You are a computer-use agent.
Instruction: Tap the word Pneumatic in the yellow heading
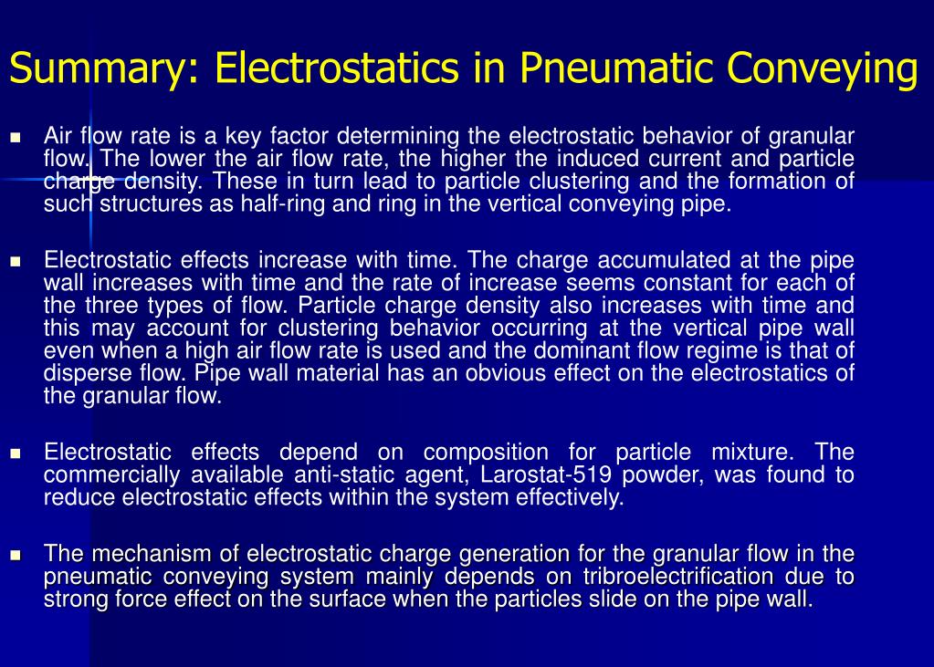(616, 68)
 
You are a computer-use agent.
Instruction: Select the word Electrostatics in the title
(337, 67)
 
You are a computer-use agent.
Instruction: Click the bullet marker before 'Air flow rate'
(16, 138)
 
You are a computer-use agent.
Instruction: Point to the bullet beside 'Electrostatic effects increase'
(16, 262)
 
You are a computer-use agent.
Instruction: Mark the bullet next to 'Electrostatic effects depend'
(16, 453)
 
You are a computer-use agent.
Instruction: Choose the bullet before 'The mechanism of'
(16, 556)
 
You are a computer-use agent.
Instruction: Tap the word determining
(398, 137)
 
